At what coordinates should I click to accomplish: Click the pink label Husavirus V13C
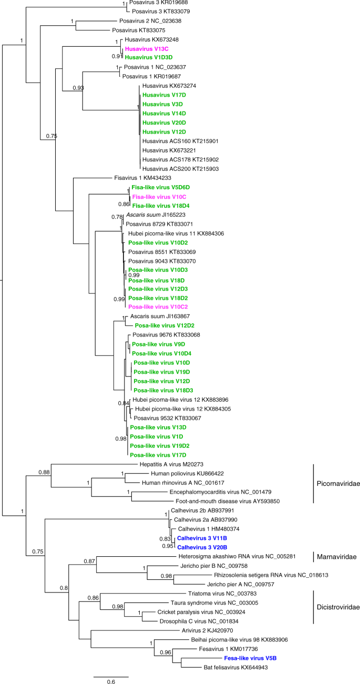pos(142,48)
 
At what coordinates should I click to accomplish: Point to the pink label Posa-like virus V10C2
pos(158,307)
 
